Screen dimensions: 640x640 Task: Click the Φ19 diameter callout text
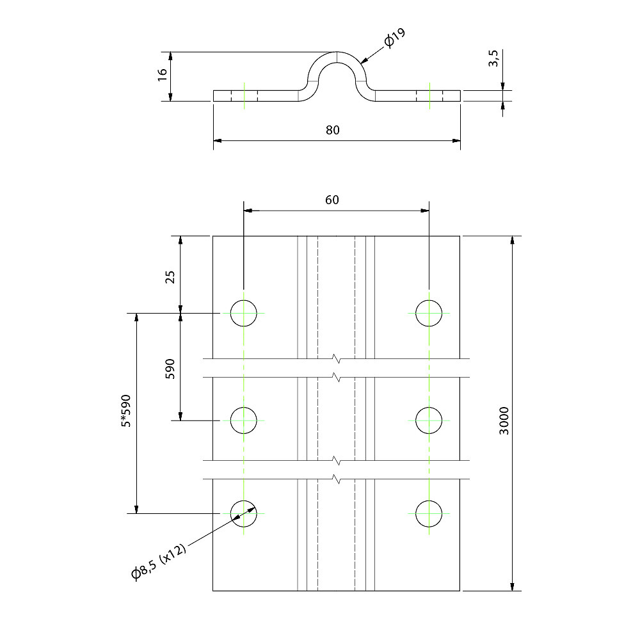395,38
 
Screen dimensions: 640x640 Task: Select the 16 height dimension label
163,74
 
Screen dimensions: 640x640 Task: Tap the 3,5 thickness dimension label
493,58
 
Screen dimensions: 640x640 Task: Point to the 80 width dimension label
333,130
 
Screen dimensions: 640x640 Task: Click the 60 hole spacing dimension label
332,200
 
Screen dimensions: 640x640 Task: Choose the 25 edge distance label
170,276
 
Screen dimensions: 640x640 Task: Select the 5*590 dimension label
126,411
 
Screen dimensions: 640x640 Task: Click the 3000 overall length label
504,420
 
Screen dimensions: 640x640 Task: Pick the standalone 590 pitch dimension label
170,369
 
